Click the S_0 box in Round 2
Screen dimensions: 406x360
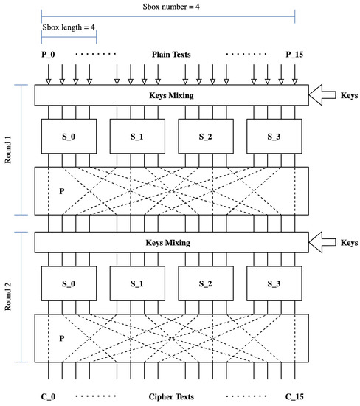(68, 283)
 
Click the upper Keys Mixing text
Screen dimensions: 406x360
(171, 96)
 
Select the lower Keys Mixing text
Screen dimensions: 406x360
(171, 242)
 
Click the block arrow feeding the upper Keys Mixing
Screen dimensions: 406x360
(322, 95)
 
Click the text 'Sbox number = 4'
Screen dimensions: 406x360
(171, 6)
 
